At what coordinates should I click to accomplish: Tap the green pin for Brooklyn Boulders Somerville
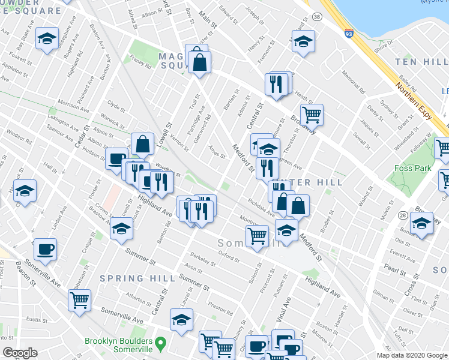pos(160,344)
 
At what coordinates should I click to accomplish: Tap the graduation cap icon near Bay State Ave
pos(46,40)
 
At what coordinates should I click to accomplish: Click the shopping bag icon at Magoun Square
pos(199,61)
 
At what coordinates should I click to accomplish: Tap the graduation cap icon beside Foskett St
pos(25,191)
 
